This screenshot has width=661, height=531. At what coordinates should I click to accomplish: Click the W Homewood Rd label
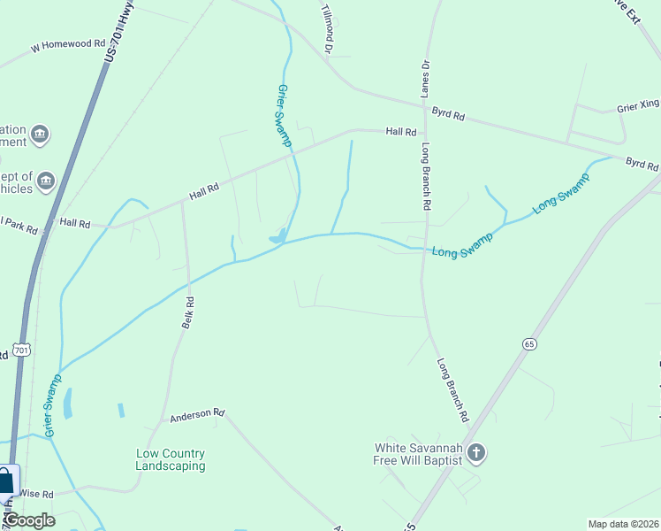click(67, 43)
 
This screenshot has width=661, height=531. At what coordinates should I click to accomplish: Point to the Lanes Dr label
click(425, 79)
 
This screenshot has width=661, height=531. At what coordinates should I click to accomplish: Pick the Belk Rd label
click(187, 313)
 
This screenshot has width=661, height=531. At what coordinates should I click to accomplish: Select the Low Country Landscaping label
click(171, 459)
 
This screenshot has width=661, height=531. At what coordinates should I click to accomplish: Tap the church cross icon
click(476, 454)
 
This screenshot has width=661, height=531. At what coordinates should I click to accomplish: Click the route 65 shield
click(529, 343)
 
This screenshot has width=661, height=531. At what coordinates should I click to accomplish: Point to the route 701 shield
click(23, 350)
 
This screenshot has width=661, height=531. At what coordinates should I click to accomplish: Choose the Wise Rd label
click(35, 494)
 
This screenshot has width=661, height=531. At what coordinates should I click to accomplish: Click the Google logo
click(29, 520)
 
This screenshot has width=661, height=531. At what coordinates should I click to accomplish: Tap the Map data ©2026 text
click(623, 524)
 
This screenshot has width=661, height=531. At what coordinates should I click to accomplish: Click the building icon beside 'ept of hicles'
click(47, 182)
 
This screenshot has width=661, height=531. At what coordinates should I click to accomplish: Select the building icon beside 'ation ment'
click(39, 135)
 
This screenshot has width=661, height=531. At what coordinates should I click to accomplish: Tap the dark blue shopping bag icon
click(5, 481)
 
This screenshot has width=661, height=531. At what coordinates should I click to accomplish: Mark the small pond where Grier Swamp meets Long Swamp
click(277, 236)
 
